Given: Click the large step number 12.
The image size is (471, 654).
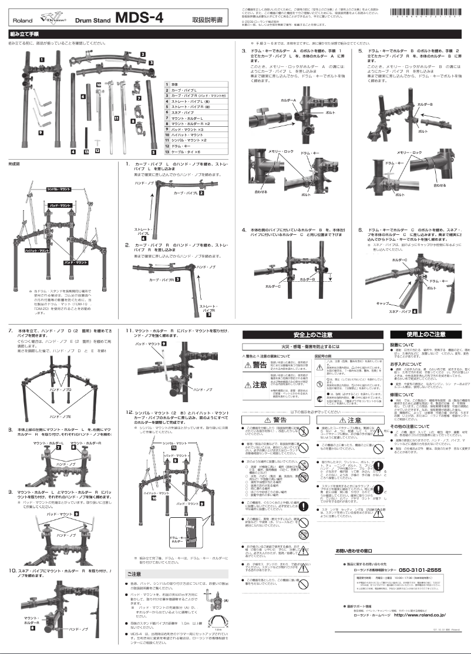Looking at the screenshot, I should point(131,413).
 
